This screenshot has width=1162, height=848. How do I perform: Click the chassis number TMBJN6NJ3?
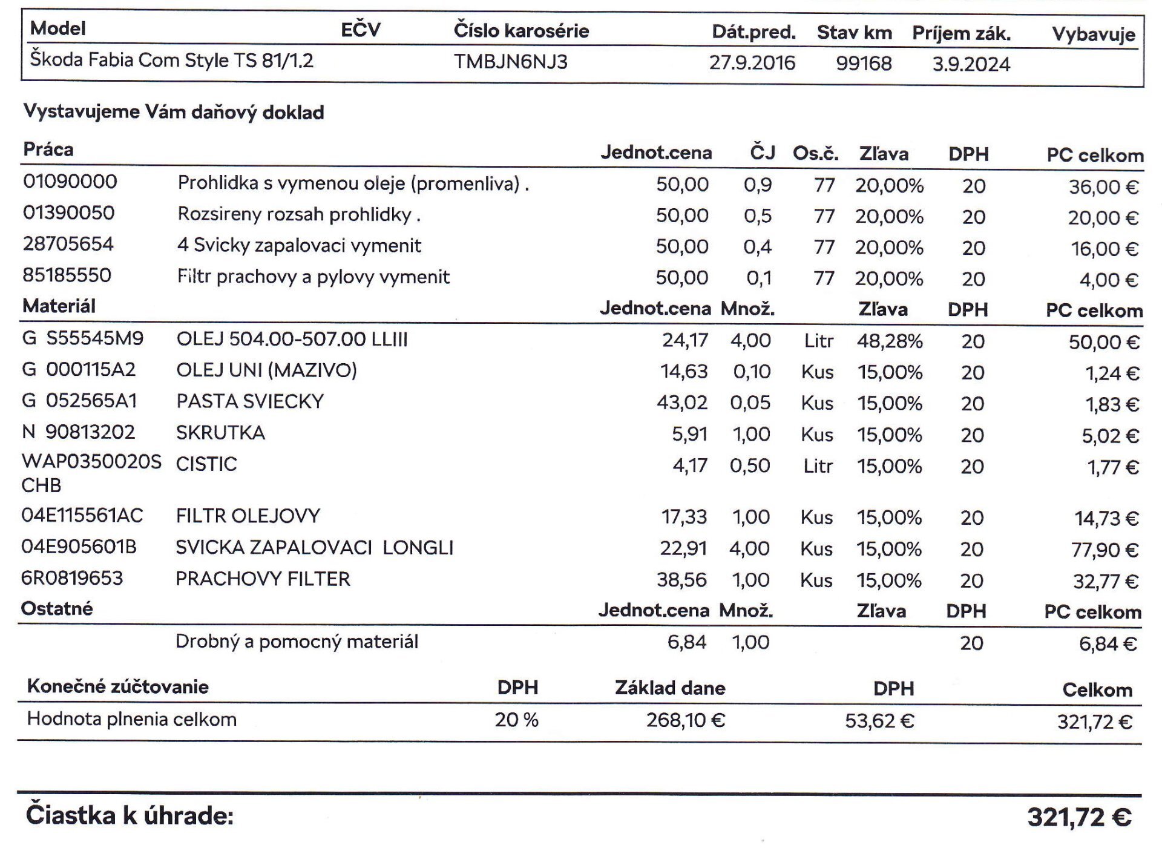511,62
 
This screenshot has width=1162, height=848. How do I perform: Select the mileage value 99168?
864,64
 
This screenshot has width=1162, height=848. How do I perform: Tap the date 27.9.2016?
752,63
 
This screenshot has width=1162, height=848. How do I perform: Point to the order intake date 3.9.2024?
971,64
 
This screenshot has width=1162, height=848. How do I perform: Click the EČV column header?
360,30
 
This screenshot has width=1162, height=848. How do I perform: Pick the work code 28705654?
68,244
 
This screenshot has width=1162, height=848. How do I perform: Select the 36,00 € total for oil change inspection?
1103,187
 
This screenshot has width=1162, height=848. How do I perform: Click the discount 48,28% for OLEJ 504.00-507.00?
889,341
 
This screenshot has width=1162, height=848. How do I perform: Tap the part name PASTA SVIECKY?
250,401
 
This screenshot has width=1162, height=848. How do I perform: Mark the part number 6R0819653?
72,578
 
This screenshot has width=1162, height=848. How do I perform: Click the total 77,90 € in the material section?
1105,550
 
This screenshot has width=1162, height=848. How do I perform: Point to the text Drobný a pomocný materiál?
297,642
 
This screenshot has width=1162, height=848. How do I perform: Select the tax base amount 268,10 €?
685,720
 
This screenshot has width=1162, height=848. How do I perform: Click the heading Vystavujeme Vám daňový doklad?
174,112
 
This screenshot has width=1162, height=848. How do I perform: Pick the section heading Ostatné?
57,608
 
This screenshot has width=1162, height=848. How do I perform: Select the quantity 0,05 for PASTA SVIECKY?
750,403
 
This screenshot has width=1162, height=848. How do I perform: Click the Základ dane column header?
670,688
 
